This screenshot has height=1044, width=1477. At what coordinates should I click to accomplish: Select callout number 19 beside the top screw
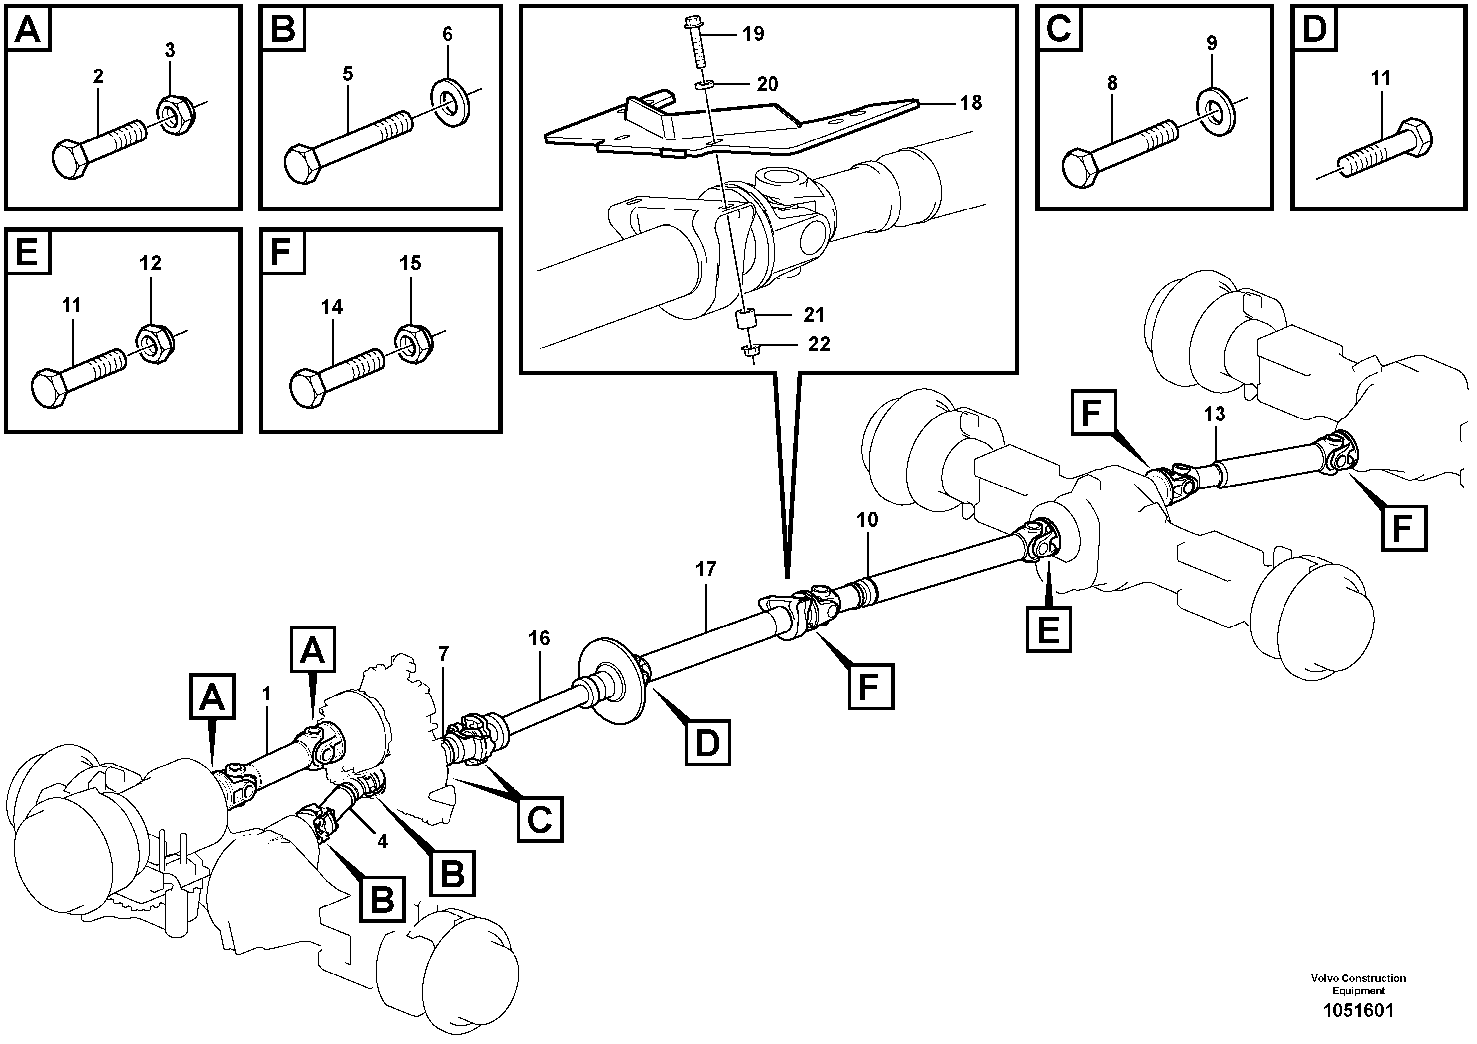pos(753,33)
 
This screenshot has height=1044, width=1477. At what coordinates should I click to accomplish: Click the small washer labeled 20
pos(705,85)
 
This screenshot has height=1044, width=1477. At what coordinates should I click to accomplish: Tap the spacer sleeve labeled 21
pos(745,320)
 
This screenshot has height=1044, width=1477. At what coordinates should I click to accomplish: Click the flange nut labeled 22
pos(749,351)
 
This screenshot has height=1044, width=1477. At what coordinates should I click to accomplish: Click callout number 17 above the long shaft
pos(706,569)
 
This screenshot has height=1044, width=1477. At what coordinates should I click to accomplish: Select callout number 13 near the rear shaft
pos(1215,415)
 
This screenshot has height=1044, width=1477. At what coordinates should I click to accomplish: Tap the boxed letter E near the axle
pos(1048,629)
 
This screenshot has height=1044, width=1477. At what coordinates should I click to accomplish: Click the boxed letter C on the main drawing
pos(540,820)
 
